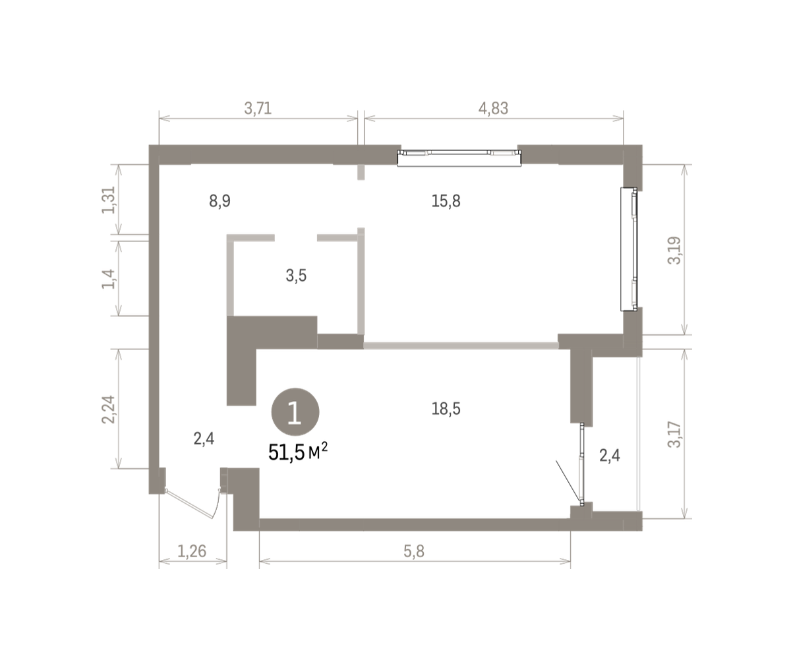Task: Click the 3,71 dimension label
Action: (x=258, y=108)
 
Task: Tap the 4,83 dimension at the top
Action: (x=493, y=108)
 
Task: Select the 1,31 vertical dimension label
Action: (x=108, y=200)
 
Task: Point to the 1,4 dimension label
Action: (x=108, y=279)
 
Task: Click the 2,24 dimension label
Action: (x=108, y=409)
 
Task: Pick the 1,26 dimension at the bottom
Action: (x=192, y=552)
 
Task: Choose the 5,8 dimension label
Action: (x=414, y=552)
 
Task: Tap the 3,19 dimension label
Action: (x=674, y=250)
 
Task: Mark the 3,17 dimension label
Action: (x=674, y=435)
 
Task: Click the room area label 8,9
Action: (x=220, y=201)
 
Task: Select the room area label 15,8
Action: (x=446, y=201)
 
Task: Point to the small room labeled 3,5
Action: (x=296, y=276)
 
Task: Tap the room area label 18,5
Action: (x=446, y=409)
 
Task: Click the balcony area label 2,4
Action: (x=610, y=455)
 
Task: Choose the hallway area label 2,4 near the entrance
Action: (x=204, y=439)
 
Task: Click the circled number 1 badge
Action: (x=295, y=412)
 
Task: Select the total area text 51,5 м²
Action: (x=298, y=452)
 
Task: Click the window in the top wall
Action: (x=459, y=158)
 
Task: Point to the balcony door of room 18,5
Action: (x=582, y=464)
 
